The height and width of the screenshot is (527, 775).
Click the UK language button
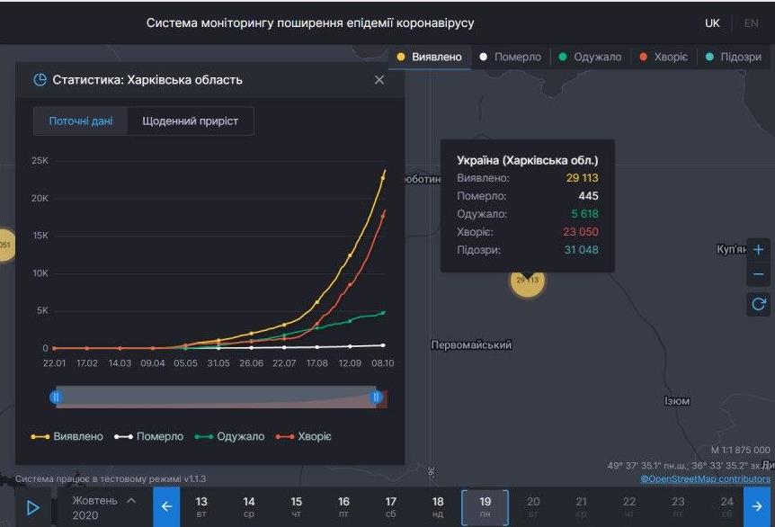(x=712, y=23)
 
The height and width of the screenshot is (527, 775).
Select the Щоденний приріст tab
(x=190, y=121)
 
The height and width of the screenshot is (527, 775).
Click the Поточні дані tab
(x=81, y=121)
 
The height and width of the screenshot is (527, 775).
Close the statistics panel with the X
(x=379, y=80)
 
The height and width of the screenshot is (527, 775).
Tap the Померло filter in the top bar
(x=512, y=57)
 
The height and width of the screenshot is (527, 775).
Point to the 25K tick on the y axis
(x=40, y=161)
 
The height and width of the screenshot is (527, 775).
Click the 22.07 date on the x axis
(x=284, y=363)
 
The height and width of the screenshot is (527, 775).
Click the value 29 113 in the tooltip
(x=582, y=178)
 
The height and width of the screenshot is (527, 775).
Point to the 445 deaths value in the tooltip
(x=588, y=196)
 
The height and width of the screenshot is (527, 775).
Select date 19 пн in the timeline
(x=485, y=506)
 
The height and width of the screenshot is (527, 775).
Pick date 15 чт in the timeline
(x=297, y=506)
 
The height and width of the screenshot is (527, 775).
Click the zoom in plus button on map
(x=758, y=250)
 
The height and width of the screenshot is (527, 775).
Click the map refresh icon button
(x=758, y=305)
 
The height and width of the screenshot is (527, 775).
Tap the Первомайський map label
(x=471, y=345)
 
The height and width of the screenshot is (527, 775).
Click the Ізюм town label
(x=676, y=401)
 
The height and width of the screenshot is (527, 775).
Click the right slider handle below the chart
(x=377, y=397)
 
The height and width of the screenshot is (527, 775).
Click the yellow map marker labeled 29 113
(x=528, y=280)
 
